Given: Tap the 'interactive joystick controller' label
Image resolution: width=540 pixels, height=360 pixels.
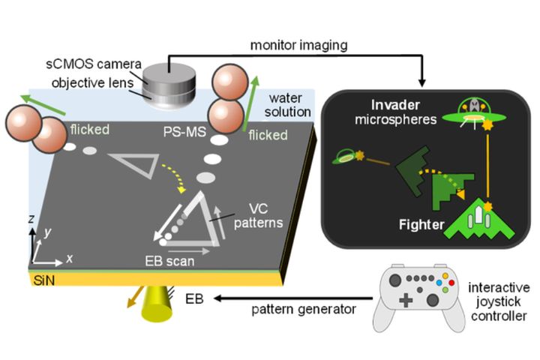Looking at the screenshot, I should tap(497, 300).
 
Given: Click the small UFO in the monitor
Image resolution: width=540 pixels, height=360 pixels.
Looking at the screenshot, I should tap(350, 157).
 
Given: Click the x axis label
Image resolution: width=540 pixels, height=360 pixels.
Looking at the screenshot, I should tap(69, 259).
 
